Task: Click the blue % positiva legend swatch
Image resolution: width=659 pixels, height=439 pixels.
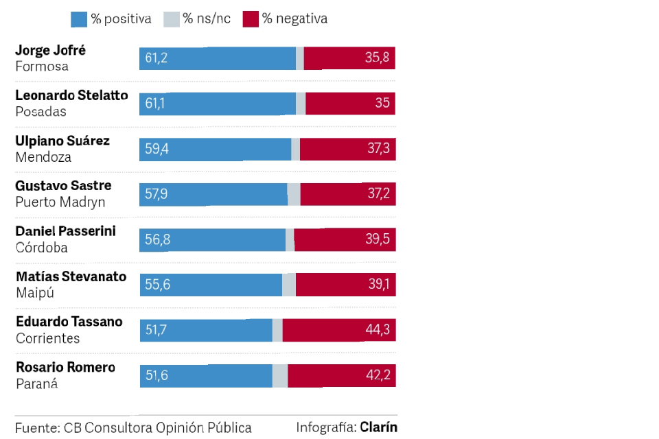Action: point(79,19)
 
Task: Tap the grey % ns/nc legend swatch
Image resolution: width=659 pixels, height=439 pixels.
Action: point(171,19)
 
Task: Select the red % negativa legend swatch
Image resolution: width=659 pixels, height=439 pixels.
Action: point(251,19)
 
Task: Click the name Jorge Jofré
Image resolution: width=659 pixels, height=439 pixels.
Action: point(50,50)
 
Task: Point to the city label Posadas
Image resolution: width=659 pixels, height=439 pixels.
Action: point(41,112)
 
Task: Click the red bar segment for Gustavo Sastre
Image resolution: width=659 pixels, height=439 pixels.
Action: point(347,194)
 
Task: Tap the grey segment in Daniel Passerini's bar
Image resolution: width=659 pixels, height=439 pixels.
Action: point(290,240)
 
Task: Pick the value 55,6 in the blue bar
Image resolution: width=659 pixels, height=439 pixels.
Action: point(158,285)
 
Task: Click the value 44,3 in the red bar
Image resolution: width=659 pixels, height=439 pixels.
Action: point(378,331)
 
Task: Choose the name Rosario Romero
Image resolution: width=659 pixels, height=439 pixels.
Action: point(65,368)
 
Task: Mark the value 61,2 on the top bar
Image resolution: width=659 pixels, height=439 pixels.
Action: point(157,58)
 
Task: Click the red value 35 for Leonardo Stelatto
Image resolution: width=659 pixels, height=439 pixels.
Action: point(382,104)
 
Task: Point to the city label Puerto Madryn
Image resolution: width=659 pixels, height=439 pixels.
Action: point(60,202)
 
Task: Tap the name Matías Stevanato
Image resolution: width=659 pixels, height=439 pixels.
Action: point(71,277)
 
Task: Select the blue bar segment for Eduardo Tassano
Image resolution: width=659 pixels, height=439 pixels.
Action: point(206,331)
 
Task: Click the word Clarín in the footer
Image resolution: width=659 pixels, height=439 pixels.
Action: point(378,427)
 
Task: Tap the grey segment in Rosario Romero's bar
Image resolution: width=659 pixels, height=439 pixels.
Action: point(280,376)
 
